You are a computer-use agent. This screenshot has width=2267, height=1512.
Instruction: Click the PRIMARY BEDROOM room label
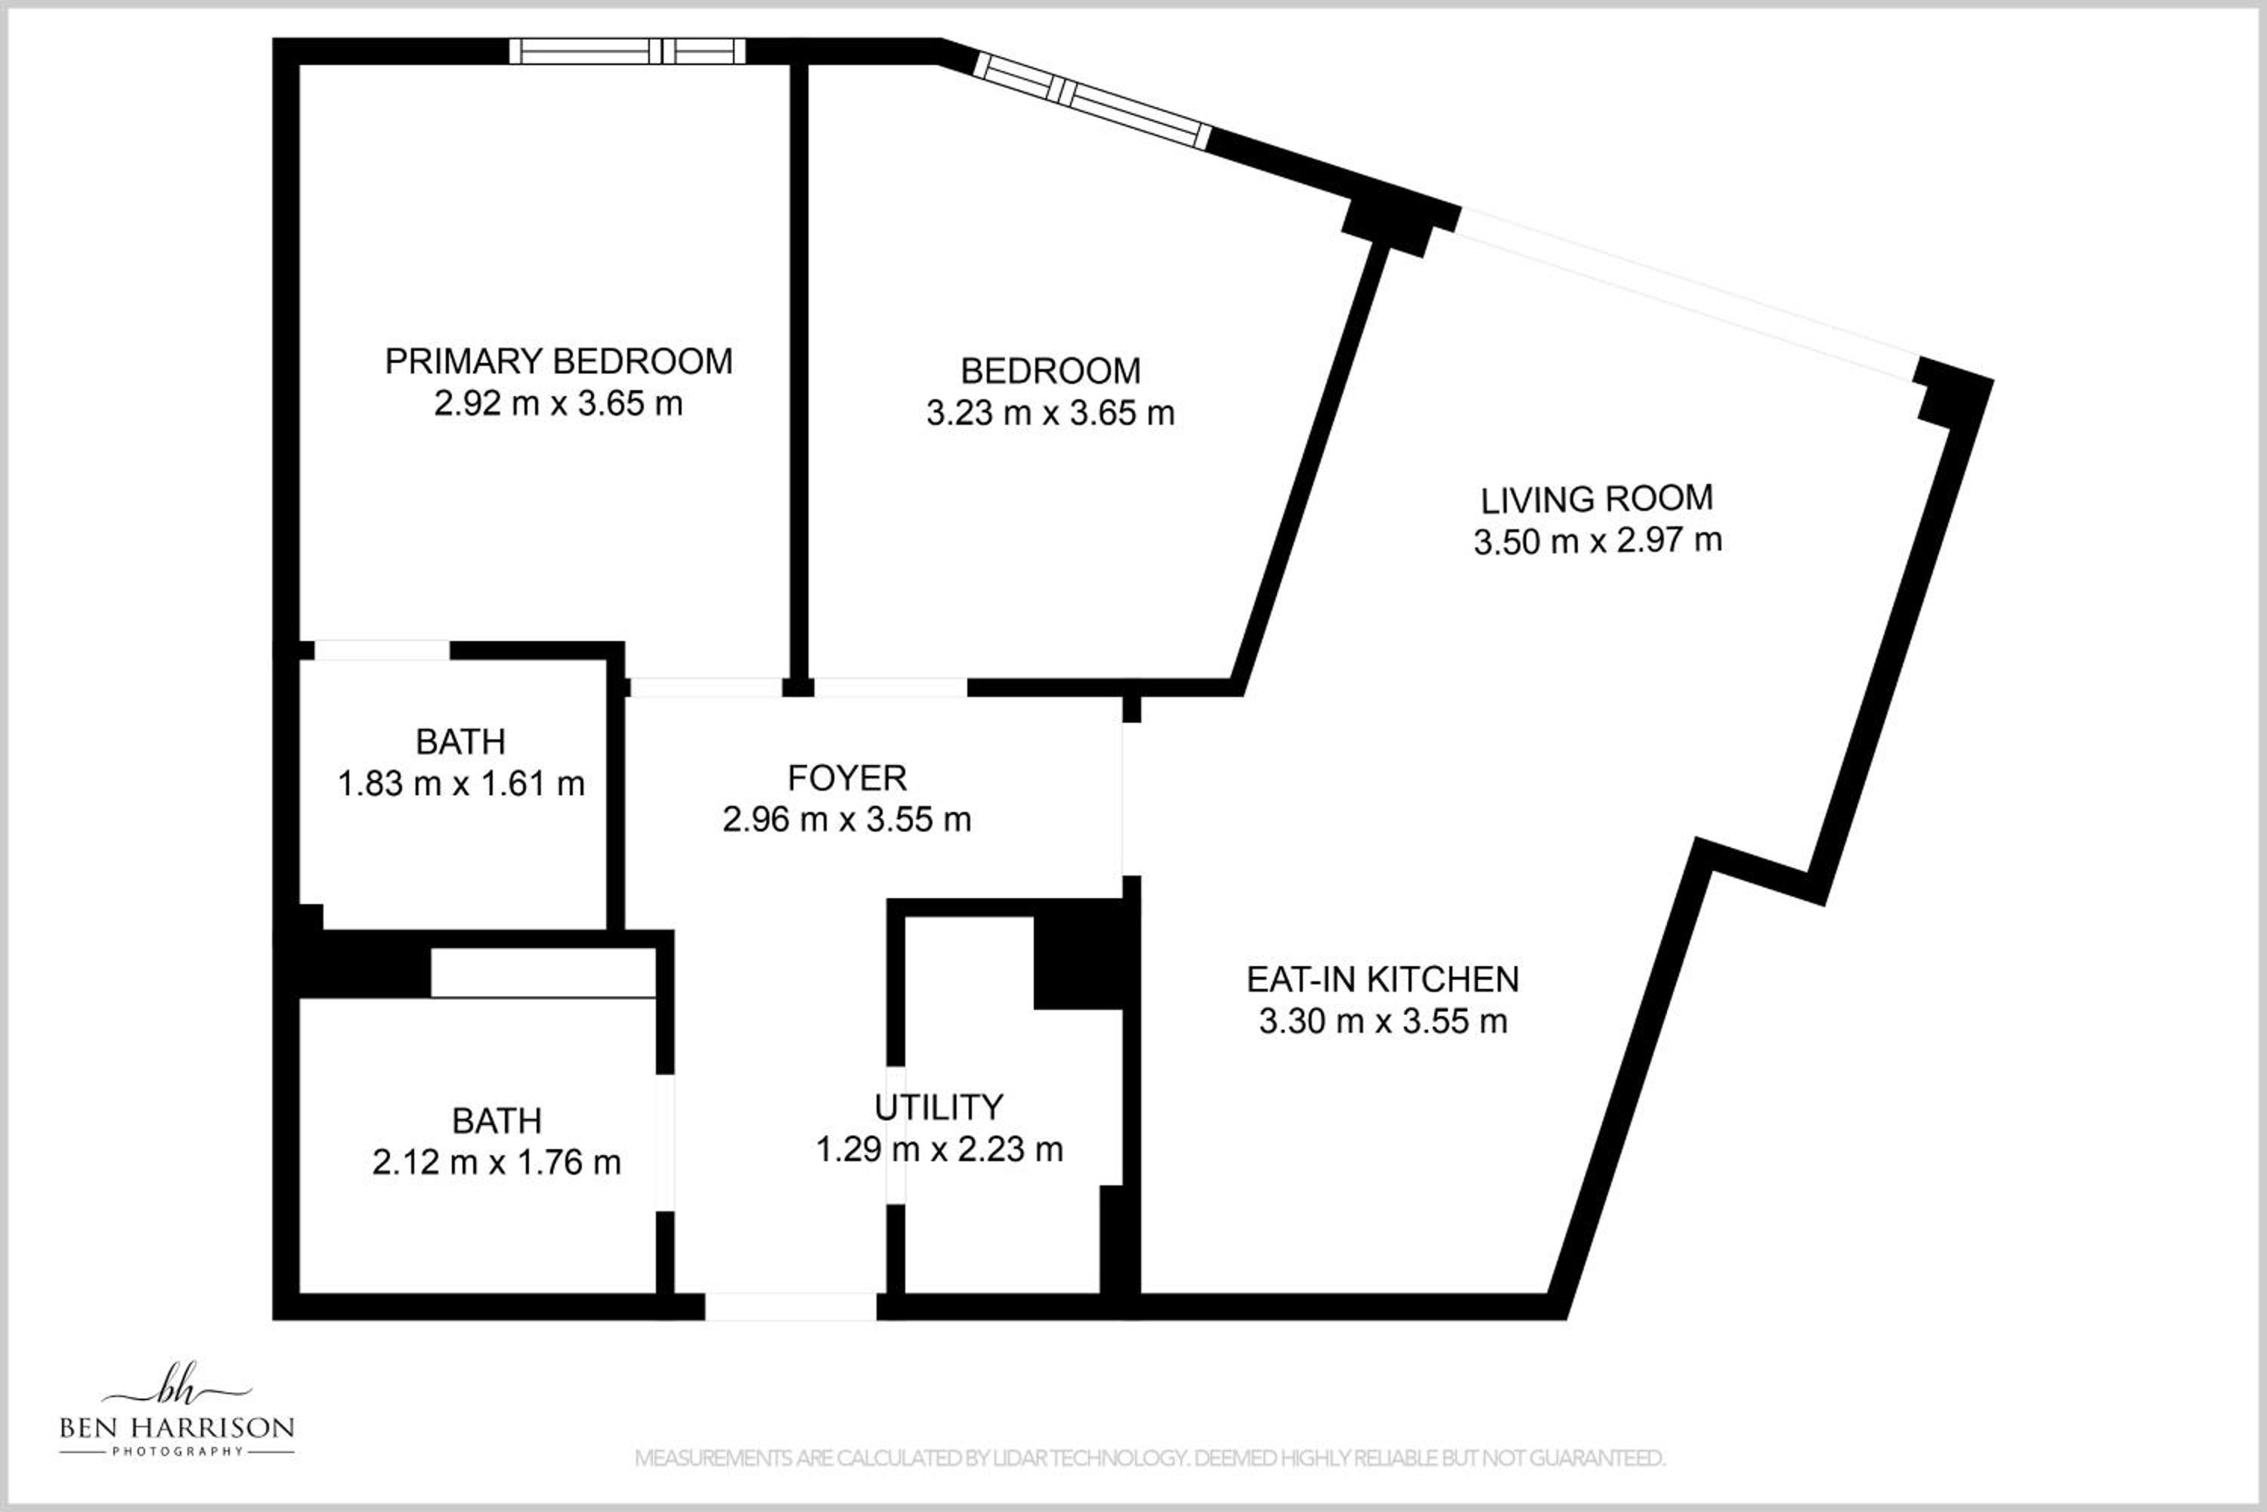tap(558, 361)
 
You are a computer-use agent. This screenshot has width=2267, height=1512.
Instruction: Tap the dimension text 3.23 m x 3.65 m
tap(1050, 413)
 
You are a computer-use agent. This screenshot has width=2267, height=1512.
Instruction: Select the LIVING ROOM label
tap(1597, 498)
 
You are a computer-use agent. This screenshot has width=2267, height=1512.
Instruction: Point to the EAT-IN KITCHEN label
tap(1383, 979)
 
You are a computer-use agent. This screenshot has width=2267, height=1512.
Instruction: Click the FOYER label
tap(847, 777)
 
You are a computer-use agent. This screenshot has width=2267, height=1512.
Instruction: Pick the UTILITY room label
tap(939, 1106)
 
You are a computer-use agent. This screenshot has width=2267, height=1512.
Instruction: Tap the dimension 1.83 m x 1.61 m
tap(461, 783)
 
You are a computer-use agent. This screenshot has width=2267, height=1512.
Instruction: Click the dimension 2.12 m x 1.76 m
tap(496, 1162)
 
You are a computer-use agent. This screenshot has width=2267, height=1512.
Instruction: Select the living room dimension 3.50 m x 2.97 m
tap(1597, 540)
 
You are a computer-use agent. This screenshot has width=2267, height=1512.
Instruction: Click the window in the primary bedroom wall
tap(627, 51)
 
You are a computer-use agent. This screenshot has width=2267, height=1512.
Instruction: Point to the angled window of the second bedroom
tap(1091, 101)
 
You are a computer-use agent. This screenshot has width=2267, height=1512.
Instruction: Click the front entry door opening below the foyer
tap(790, 1306)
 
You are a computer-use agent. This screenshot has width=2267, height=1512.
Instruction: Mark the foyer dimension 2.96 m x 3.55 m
tap(847, 820)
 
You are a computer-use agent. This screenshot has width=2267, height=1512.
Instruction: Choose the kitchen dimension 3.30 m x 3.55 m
tap(1383, 1020)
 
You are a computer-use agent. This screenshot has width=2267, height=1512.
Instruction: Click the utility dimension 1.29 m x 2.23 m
tap(939, 1148)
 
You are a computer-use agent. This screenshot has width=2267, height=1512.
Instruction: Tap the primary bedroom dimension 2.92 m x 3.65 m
tap(558, 403)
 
